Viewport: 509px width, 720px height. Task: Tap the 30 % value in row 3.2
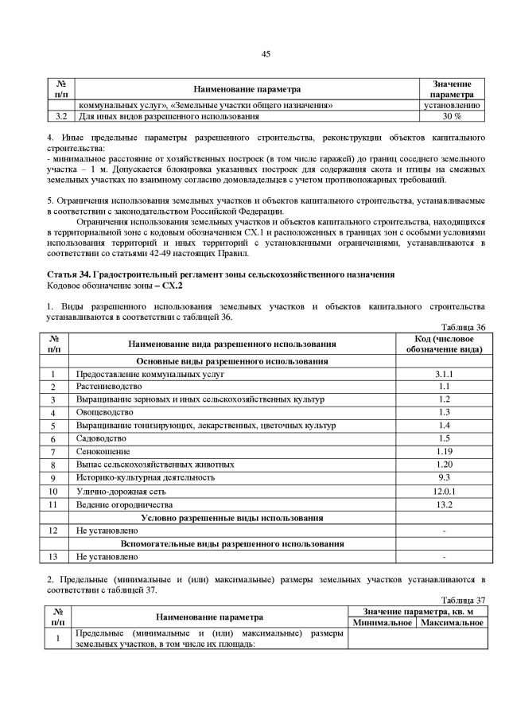point(452,116)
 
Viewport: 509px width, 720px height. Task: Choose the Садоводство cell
point(101,438)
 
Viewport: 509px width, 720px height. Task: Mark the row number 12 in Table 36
point(52,530)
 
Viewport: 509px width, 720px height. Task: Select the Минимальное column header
point(382,622)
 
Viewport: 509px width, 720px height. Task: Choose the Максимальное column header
point(452,622)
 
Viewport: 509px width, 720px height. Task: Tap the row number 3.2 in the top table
point(57,116)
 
